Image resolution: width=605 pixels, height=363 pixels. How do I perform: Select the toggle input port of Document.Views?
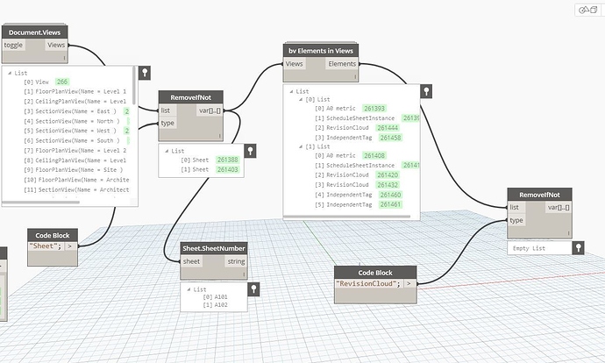pyautogui.click(x=14, y=44)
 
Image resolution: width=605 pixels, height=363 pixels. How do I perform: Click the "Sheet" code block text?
pyautogui.click(x=44, y=246)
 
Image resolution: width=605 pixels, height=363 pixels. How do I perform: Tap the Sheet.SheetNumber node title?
pyautogui.click(x=213, y=249)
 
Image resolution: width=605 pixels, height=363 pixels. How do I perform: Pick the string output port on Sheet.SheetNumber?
pyautogui.click(x=236, y=261)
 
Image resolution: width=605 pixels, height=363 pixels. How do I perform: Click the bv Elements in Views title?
pyautogui.click(x=322, y=52)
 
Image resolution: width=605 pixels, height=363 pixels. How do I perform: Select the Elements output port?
pyautogui.click(x=341, y=64)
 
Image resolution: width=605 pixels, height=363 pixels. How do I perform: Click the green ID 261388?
pyautogui.click(x=226, y=160)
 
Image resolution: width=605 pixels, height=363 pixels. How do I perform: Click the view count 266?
pyautogui.click(x=61, y=82)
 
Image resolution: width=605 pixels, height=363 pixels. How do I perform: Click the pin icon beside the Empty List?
pyautogui.click(x=578, y=249)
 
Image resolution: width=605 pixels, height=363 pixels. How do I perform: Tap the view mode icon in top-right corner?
pyautogui.click(x=587, y=10)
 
